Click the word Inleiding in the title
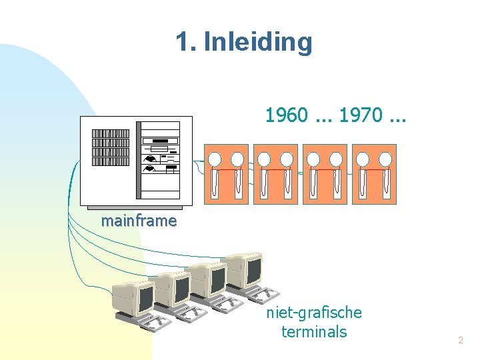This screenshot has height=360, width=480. pos(257,42)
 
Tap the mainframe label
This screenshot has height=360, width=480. pos(139,221)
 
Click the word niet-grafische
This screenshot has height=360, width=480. pos(314,312)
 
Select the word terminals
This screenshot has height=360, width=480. pos(314,331)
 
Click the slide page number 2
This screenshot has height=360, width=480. pos(460,341)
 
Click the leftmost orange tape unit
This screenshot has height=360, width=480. pos(226,173)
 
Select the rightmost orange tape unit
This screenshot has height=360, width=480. pos(374,173)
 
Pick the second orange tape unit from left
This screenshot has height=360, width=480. pos(275,173)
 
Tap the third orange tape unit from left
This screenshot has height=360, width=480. pos(325,173)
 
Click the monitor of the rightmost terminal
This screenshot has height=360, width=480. pos(251,268)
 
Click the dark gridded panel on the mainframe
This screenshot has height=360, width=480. pos(110,147)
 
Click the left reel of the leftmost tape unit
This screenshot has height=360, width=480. pos(215,159)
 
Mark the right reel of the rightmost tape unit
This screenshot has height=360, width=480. pos(385,159)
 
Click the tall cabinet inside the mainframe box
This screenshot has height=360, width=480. pos(158,160)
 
